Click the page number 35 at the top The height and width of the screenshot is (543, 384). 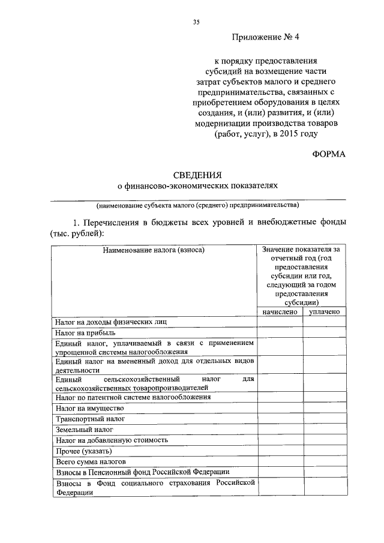(x=196, y=22)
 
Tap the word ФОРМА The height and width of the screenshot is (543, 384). (x=329, y=154)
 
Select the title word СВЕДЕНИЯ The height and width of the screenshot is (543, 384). (x=197, y=175)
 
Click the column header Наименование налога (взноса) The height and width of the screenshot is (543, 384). (x=154, y=250)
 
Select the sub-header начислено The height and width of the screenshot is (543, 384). (x=280, y=312)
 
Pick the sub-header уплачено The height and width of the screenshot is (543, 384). (x=325, y=312)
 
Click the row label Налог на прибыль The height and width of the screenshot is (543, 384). (x=81, y=332)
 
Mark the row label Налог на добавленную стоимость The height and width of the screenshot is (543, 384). (x=111, y=440)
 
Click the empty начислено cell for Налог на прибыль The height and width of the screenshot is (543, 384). (x=280, y=332)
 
